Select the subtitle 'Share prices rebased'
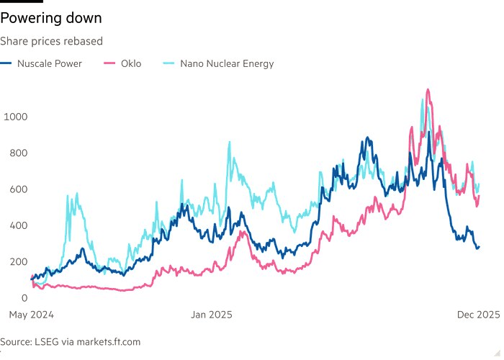(52, 41)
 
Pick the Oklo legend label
(130, 63)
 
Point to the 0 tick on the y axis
(24, 298)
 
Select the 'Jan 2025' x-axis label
(212, 315)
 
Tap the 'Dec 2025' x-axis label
(479, 315)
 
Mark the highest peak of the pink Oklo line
(428, 90)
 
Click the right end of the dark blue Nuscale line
(479, 246)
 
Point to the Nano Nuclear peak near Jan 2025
(230, 143)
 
